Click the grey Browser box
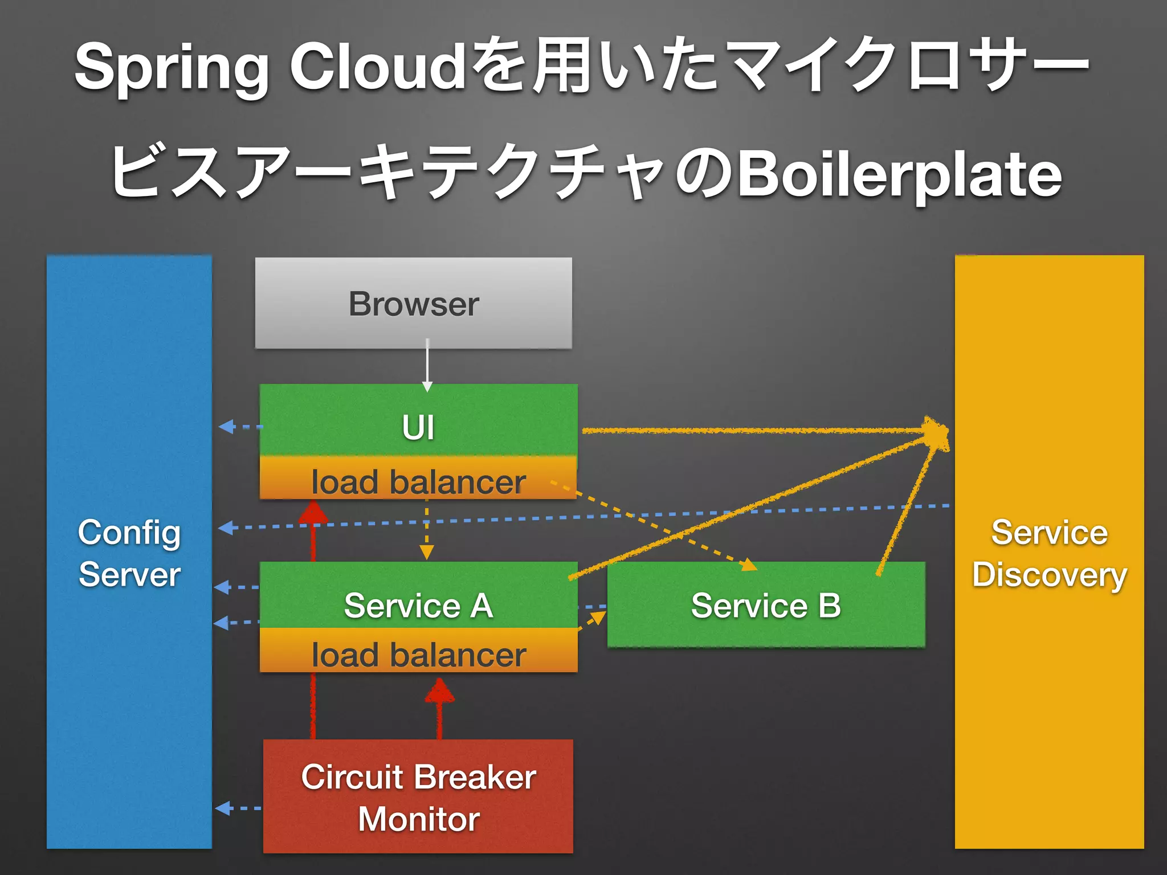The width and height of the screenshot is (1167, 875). pos(414,303)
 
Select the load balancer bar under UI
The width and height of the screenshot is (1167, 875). pos(418,481)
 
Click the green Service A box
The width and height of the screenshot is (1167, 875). pos(418,598)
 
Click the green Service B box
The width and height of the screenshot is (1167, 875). pos(766,605)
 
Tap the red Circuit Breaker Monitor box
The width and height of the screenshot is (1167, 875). pos(418,796)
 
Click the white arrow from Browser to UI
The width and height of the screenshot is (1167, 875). pos(427,365)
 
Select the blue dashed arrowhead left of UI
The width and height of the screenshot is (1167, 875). pos(227,426)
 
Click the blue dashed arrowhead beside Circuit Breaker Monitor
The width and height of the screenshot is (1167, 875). pos(223,808)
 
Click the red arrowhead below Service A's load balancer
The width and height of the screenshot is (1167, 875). pos(439,691)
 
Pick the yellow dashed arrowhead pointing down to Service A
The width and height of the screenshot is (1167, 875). pos(427,552)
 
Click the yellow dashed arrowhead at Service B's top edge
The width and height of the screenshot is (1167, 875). pos(749,565)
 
